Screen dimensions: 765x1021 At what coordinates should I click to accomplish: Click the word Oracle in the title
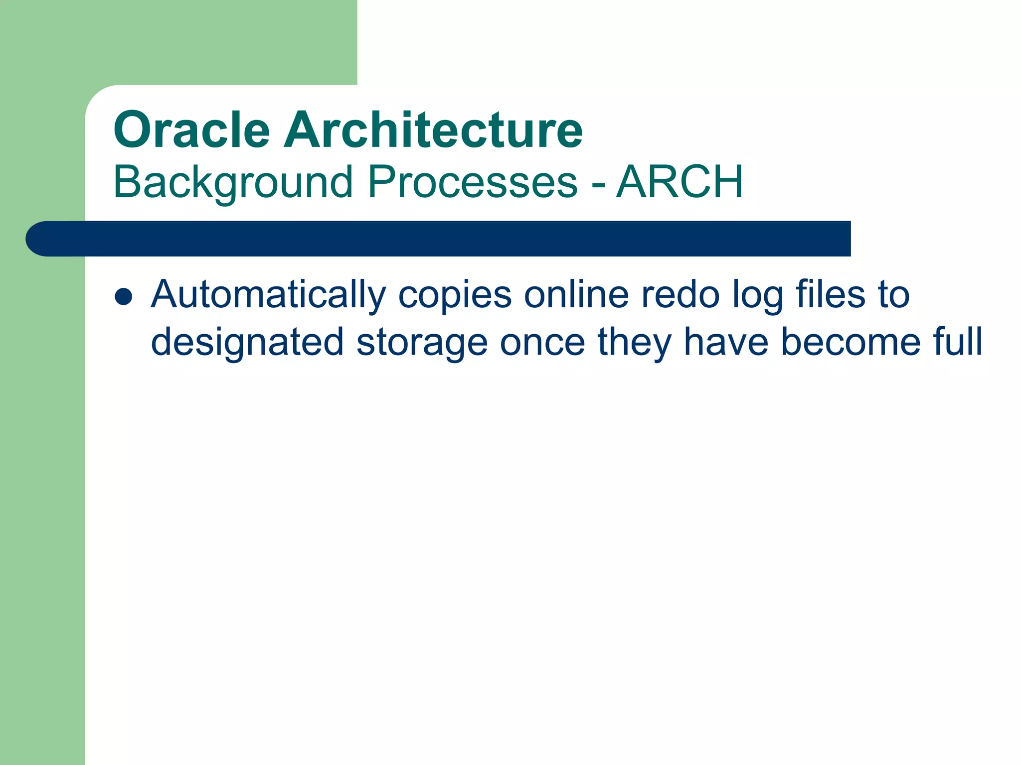(x=192, y=130)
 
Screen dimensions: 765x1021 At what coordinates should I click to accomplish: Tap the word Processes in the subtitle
(x=472, y=182)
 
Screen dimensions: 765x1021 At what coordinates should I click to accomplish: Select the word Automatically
(x=268, y=295)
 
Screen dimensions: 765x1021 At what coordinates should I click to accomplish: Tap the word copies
(x=455, y=295)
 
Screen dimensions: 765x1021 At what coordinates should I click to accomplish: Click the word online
(x=576, y=295)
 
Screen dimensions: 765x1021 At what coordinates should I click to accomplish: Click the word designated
(x=247, y=343)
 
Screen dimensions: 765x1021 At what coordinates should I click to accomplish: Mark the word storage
(x=422, y=343)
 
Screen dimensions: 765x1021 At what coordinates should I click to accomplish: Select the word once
(x=542, y=343)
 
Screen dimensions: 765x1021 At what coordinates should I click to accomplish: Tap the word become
(x=851, y=343)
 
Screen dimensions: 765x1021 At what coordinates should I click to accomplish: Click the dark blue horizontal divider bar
(x=449, y=239)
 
